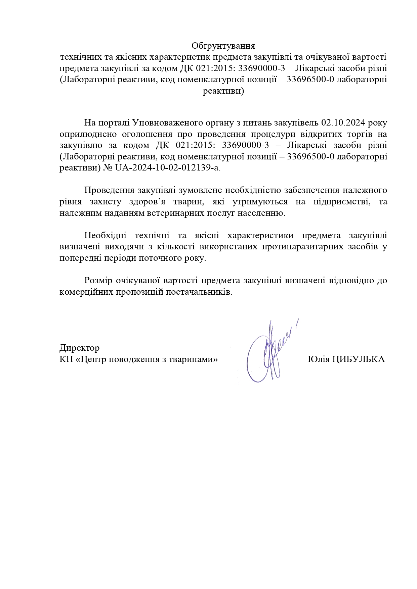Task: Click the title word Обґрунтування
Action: coord(223,46)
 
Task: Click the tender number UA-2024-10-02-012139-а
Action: coord(168,167)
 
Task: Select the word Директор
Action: coord(79,347)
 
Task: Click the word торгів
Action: coord(353,134)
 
